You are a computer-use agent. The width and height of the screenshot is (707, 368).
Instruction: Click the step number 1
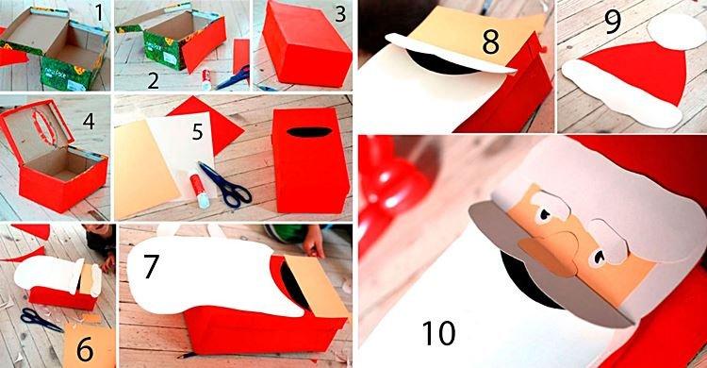[98, 16]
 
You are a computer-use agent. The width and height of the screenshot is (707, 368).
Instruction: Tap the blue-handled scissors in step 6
[38, 318]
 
